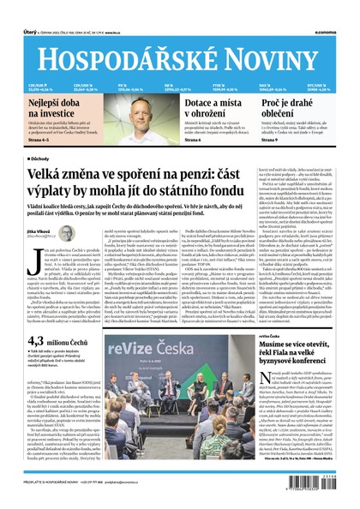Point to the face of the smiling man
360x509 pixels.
pos(148,110)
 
